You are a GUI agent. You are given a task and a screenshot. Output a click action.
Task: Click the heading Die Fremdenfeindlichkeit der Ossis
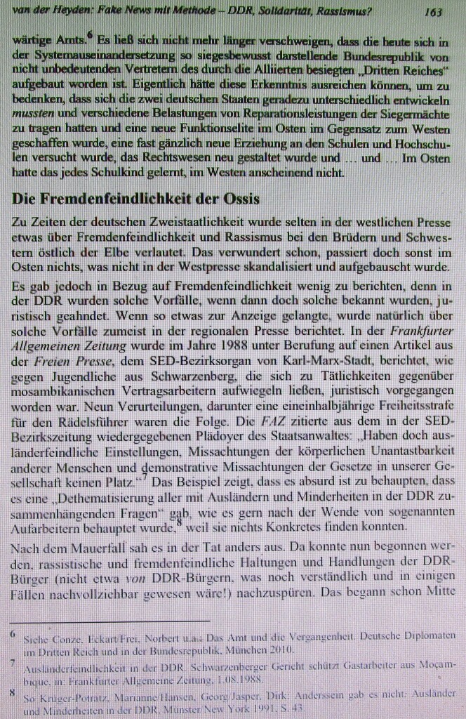click(136, 199)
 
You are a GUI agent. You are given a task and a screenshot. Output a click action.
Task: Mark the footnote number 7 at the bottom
click(13, 662)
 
